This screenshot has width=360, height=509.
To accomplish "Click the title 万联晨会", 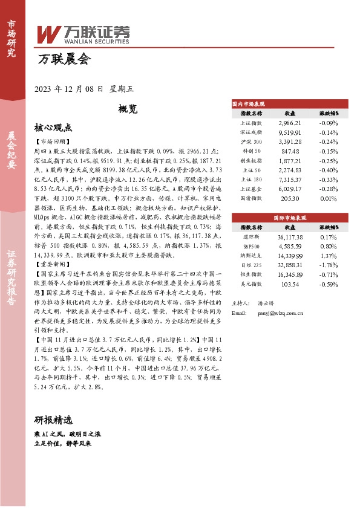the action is [63, 59].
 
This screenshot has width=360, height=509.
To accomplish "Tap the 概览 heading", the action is [128, 109].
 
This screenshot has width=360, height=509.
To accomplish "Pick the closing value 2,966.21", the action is [290, 123].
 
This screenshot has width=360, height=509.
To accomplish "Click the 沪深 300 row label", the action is [251, 142].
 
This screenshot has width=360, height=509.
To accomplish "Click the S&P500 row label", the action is [251, 247].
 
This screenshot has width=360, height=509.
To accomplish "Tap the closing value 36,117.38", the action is [290, 237].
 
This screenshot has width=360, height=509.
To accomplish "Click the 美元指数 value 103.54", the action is [290, 284].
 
